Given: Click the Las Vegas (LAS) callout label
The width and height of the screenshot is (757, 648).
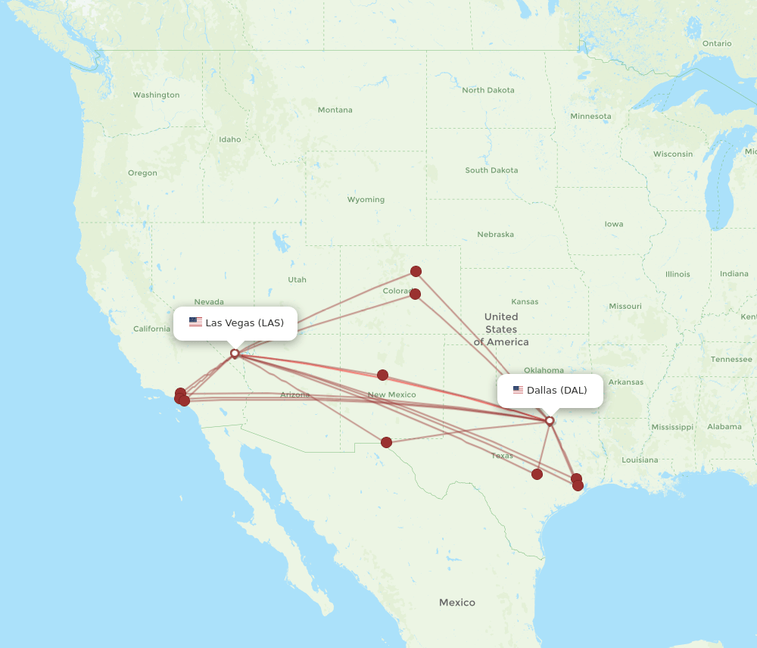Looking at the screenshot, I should pyautogui.click(x=235, y=323).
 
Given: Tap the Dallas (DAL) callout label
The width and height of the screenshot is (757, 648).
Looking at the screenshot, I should pyautogui.click(x=550, y=391).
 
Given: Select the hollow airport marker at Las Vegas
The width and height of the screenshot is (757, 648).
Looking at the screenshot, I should pyautogui.click(x=235, y=353).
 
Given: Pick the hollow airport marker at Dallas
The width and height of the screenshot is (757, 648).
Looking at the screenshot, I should pyautogui.click(x=550, y=420).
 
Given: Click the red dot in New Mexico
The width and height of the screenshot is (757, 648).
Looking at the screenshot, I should pyautogui.click(x=382, y=375).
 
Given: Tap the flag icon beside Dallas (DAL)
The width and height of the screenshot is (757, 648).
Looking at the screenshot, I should pyautogui.click(x=518, y=391).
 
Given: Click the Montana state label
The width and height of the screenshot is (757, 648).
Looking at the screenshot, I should pyautogui.click(x=335, y=110).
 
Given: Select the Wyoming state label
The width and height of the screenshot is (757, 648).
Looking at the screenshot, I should pyautogui.click(x=366, y=200).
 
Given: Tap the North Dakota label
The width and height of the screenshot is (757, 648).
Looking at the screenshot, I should pyautogui.click(x=488, y=90).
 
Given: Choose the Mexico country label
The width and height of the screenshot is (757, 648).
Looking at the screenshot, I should pyautogui.click(x=457, y=603).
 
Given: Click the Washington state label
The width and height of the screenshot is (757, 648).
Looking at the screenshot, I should pyautogui.click(x=156, y=95).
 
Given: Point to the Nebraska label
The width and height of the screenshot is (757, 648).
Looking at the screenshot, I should pyautogui.click(x=495, y=235).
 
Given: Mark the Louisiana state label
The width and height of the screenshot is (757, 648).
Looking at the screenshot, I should pyautogui.click(x=640, y=460).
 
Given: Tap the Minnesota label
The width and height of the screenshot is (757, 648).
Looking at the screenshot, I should pyautogui.click(x=590, y=117).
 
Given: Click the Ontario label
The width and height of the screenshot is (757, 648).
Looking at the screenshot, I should pyautogui.click(x=716, y=44).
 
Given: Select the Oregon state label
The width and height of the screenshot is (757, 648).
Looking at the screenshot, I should pyautogui.click(x=142, y=173).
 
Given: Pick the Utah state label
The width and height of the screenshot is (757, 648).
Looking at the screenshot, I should pyautogui.click(x=297, y=280).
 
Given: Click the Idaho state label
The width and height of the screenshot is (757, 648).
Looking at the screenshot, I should pyautogui.click(x=229, y=139).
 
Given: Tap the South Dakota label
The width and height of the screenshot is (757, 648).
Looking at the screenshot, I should pyautogui.click(x=491, y=170).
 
